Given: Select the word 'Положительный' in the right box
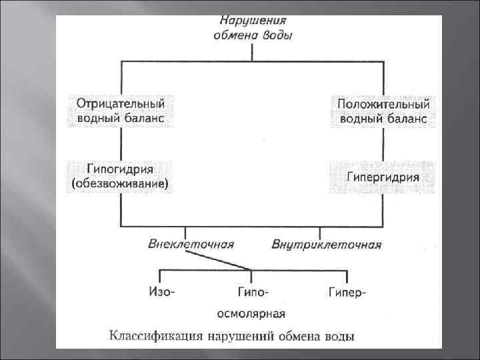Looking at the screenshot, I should (x=384, y=105).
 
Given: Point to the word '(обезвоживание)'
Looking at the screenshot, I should (x=120, y=183).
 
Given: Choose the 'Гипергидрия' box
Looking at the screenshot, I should (x=383, y=177).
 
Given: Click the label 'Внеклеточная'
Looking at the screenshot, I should (x=191, y=243).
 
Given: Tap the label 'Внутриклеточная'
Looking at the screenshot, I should (x=327, y=244).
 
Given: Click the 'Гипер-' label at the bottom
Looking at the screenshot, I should (x=347, y=292).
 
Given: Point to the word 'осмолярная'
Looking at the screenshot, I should (x=252, y=313).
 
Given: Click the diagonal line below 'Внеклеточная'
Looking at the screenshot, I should (x=220, y=262).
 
